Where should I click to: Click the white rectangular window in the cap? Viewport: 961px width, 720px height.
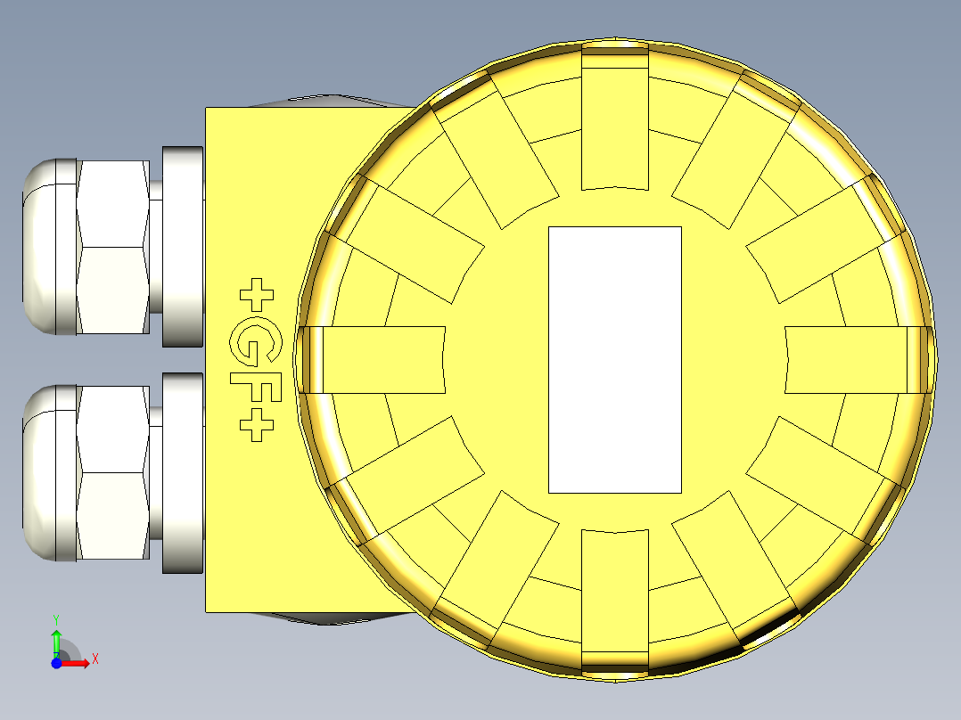(614, 359)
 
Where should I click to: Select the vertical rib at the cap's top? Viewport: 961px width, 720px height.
(614, 120)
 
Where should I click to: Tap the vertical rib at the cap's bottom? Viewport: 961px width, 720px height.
(614, 599)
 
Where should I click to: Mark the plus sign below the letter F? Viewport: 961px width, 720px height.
(258, 427)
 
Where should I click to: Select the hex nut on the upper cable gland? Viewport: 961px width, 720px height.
(112, 247)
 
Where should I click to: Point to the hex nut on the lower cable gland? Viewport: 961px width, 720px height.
(112, 472)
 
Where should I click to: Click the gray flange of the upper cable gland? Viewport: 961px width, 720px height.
(184, 247)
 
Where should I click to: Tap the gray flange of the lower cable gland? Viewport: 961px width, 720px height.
(184, 472)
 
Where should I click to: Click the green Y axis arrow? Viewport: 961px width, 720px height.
(56, 639)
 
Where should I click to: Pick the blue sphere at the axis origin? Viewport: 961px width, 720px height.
(56, 663)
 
